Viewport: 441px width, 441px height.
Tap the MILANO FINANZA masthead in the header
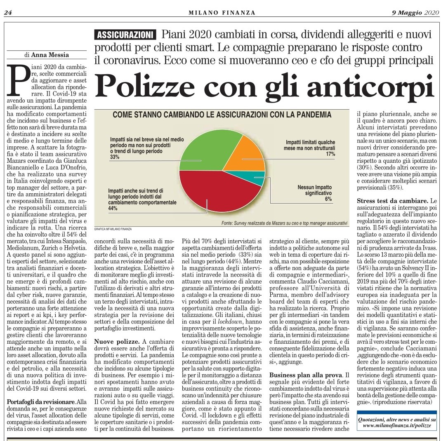222,12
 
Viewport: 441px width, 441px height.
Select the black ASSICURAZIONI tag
125,35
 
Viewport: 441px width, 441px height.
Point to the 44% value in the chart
113,209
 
